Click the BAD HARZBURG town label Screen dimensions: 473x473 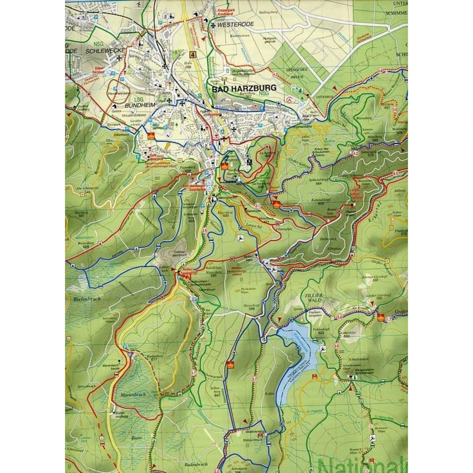(244, 88)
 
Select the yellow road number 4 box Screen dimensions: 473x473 (193, 55)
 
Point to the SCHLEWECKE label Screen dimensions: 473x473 (105, 51)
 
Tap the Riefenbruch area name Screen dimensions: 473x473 (87, 298)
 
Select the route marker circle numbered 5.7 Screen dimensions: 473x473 (193, 373)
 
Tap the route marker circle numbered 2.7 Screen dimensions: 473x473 (254, 379)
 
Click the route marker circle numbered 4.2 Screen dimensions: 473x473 (356, 153)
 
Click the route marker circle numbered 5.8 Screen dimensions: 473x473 (339, 317)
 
